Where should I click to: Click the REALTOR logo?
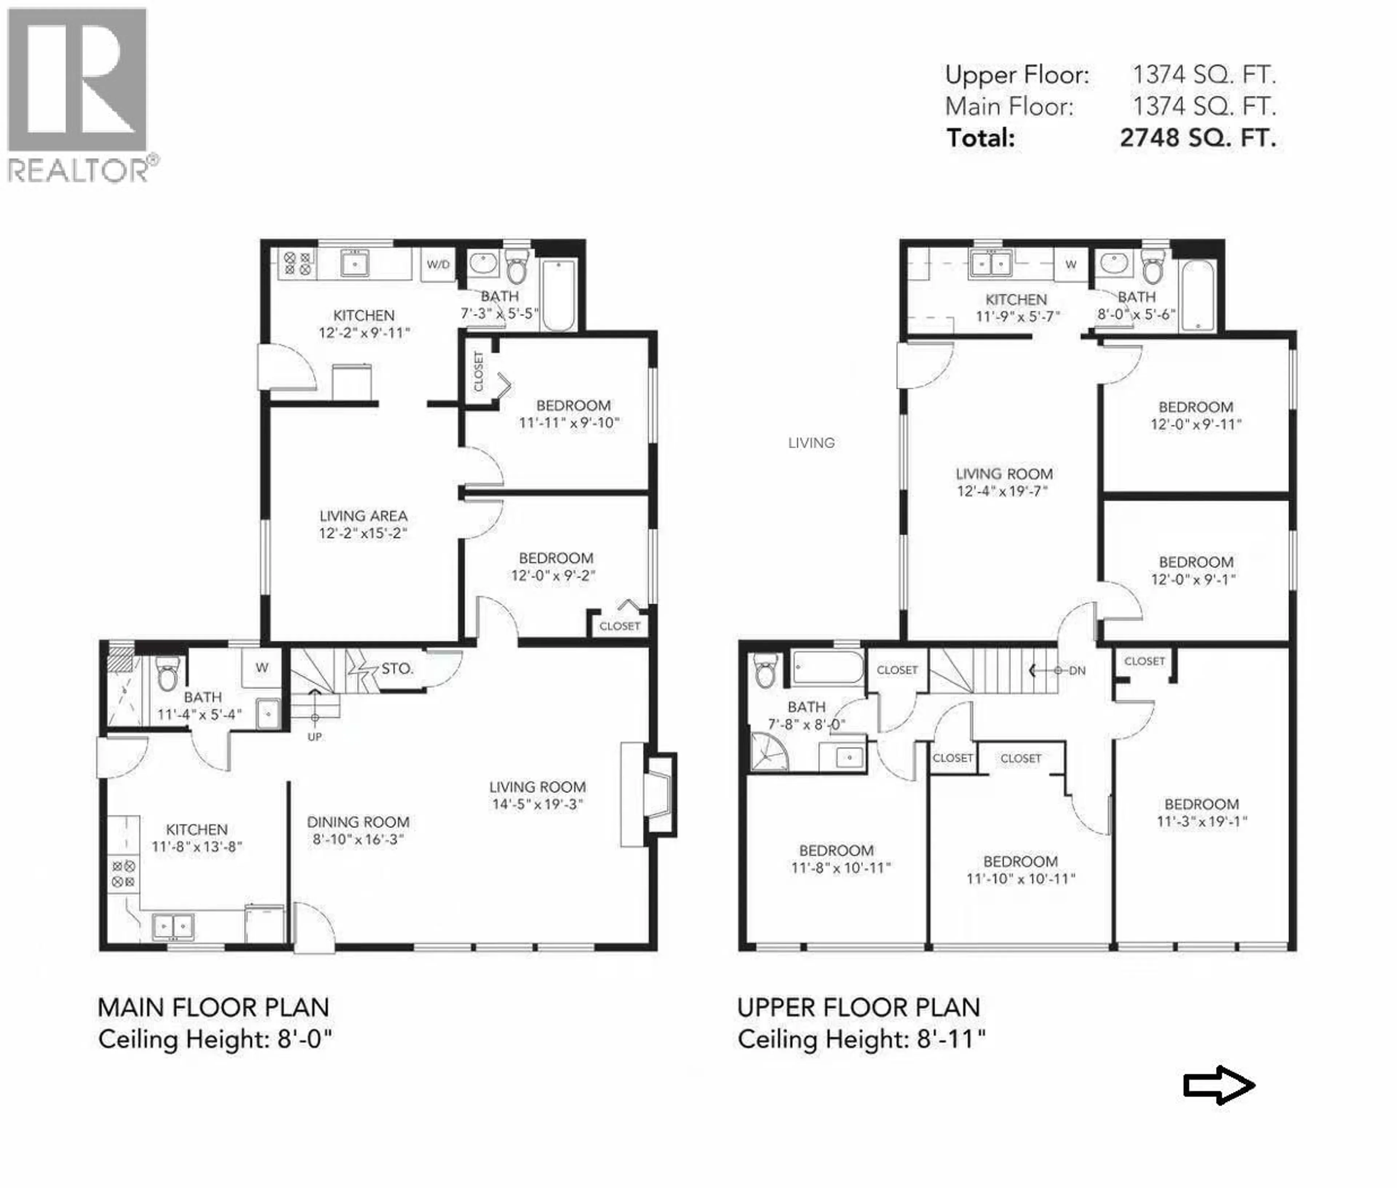point(79,94)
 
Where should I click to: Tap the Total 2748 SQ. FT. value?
point(1198,138)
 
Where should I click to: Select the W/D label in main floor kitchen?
point(438,265)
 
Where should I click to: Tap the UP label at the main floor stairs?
point(314,737)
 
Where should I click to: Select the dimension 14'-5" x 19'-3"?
point(537,804)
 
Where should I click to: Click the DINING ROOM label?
point(358,822)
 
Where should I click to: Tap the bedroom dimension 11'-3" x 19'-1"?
point(1202,822)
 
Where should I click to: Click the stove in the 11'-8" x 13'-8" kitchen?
point(123,874)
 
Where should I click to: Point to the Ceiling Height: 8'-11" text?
point(861,1039)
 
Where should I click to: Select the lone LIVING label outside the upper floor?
point(811,443)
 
